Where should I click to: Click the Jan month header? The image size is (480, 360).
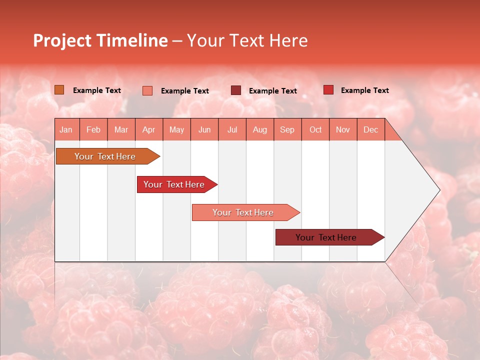66,129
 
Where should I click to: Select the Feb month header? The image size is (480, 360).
93,129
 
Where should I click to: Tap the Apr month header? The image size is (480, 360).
148,129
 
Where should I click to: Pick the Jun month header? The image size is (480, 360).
204,129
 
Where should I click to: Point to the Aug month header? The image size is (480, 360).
259,129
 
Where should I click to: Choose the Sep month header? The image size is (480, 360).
287,129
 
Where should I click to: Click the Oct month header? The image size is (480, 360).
315,129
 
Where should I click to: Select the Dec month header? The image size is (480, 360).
370,129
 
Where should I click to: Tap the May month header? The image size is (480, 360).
176,129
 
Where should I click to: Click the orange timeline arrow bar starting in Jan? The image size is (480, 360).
105,156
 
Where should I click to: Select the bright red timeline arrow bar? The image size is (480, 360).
174,184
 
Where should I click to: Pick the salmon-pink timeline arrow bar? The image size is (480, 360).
243,212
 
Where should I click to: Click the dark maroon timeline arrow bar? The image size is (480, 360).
326,237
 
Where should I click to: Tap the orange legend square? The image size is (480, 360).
59,89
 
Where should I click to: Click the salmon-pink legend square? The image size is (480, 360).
147,90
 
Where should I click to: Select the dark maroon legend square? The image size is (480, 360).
236,90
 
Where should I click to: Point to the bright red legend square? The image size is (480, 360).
328,89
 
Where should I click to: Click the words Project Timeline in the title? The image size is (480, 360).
100,40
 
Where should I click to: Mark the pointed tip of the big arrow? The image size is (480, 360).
439,190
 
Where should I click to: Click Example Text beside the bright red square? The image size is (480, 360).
364,90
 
